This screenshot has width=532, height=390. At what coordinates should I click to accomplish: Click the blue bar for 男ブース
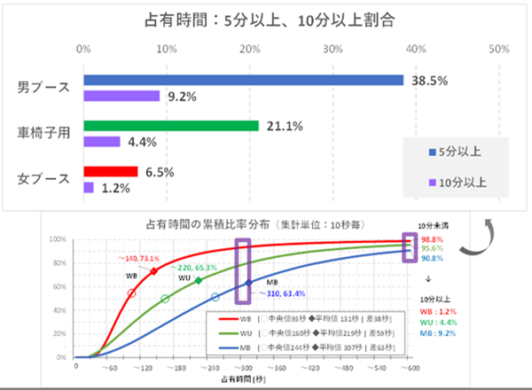click(x=244, y=80)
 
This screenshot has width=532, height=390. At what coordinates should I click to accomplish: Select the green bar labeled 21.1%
click(x=171, y=125)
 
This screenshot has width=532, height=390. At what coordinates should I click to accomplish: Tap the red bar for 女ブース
click(x=111, y=171)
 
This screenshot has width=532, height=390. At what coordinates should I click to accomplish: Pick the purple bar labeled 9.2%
click(x=121, y=96)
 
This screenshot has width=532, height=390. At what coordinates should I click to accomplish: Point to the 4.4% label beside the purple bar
click(x=145, y=141)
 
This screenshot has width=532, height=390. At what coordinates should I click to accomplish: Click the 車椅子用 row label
click(x=43, y=133)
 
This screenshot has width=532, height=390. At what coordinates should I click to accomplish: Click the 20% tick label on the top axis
click(x=251, y=48)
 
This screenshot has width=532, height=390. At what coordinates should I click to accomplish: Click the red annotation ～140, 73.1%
click(x=142, y=257)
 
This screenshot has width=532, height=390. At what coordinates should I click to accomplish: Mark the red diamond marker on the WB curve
click(x=153, y=270)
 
